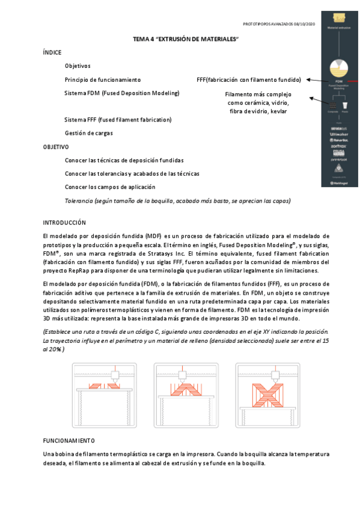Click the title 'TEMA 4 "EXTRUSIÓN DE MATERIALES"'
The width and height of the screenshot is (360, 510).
pyautogui.click(x=186, y=39)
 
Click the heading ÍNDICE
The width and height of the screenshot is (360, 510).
pyautogui.click(x=52, y=53)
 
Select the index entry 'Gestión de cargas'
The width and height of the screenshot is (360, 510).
pyautogui.click(x=88, y=133)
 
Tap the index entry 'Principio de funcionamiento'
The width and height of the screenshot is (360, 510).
pyautogui.click(x=103, y=79)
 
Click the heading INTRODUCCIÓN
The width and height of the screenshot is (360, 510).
pyautogui.click(x=64, y=223)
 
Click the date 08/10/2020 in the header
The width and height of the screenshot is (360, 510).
pyautogui.click(x=304, y=23)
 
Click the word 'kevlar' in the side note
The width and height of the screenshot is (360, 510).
pyautogui.click(x=278, y=112)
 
